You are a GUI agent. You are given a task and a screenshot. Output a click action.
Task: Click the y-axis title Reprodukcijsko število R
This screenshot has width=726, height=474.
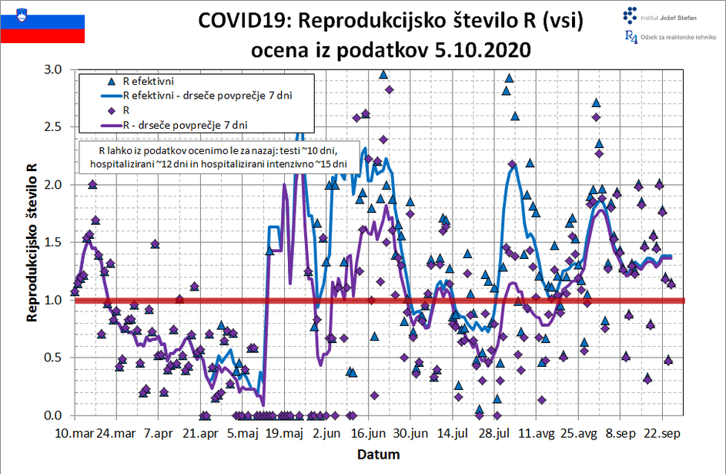point(32,242)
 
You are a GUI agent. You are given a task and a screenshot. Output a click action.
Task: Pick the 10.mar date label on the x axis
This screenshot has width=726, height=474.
point(74,434)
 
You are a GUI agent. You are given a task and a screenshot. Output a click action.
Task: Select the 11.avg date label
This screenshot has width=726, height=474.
point(537,434)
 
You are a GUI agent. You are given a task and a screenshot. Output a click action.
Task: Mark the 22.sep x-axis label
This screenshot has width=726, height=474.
point(664,434)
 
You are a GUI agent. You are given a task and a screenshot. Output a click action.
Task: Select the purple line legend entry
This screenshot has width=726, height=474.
point(185,124)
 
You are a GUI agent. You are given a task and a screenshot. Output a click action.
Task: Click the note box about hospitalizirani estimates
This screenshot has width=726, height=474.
point(218,157)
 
